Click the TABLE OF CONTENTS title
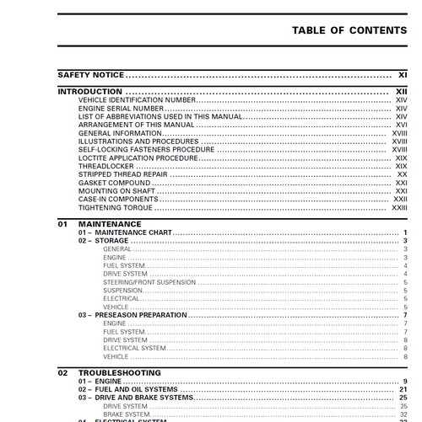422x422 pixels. point(349,31)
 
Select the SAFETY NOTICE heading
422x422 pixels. point(86,75)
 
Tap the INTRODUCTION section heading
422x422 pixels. point(89,91)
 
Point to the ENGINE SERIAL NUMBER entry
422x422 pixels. point(121,109)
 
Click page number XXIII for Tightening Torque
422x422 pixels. point(399,207)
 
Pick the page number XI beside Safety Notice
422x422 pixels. point(403,75)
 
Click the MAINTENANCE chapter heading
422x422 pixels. point(111,224)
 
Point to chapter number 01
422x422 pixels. point(62,224)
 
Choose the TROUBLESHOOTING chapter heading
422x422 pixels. point(119,372)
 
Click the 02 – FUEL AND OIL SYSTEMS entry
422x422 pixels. point(128,389)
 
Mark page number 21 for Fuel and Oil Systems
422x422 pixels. point(403,389)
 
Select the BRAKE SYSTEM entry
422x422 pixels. point(125,414)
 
